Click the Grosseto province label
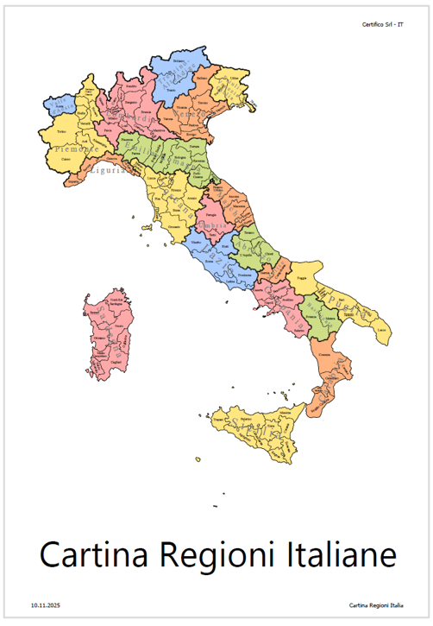(x=174, y=226)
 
